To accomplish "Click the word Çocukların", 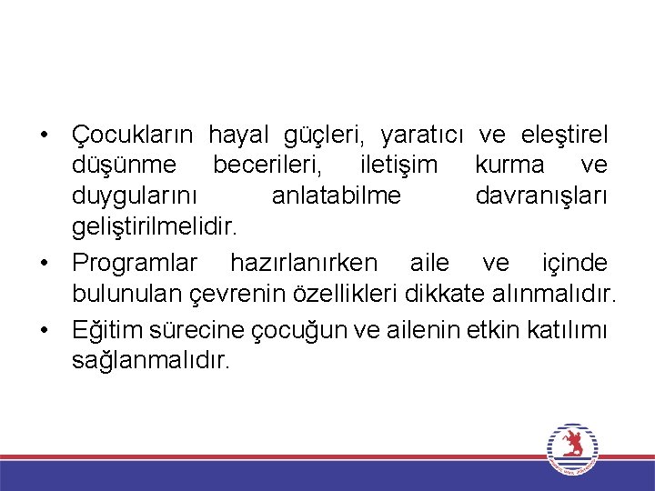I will click(x=133, y=135).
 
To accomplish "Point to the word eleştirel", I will click(x=565, y=135).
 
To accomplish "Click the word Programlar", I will click(x=135, y=264).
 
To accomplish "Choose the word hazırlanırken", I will click(x=303, y=264).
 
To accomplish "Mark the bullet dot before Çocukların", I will click(x=43, y=136).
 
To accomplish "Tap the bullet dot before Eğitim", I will click(x=43, y=329).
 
